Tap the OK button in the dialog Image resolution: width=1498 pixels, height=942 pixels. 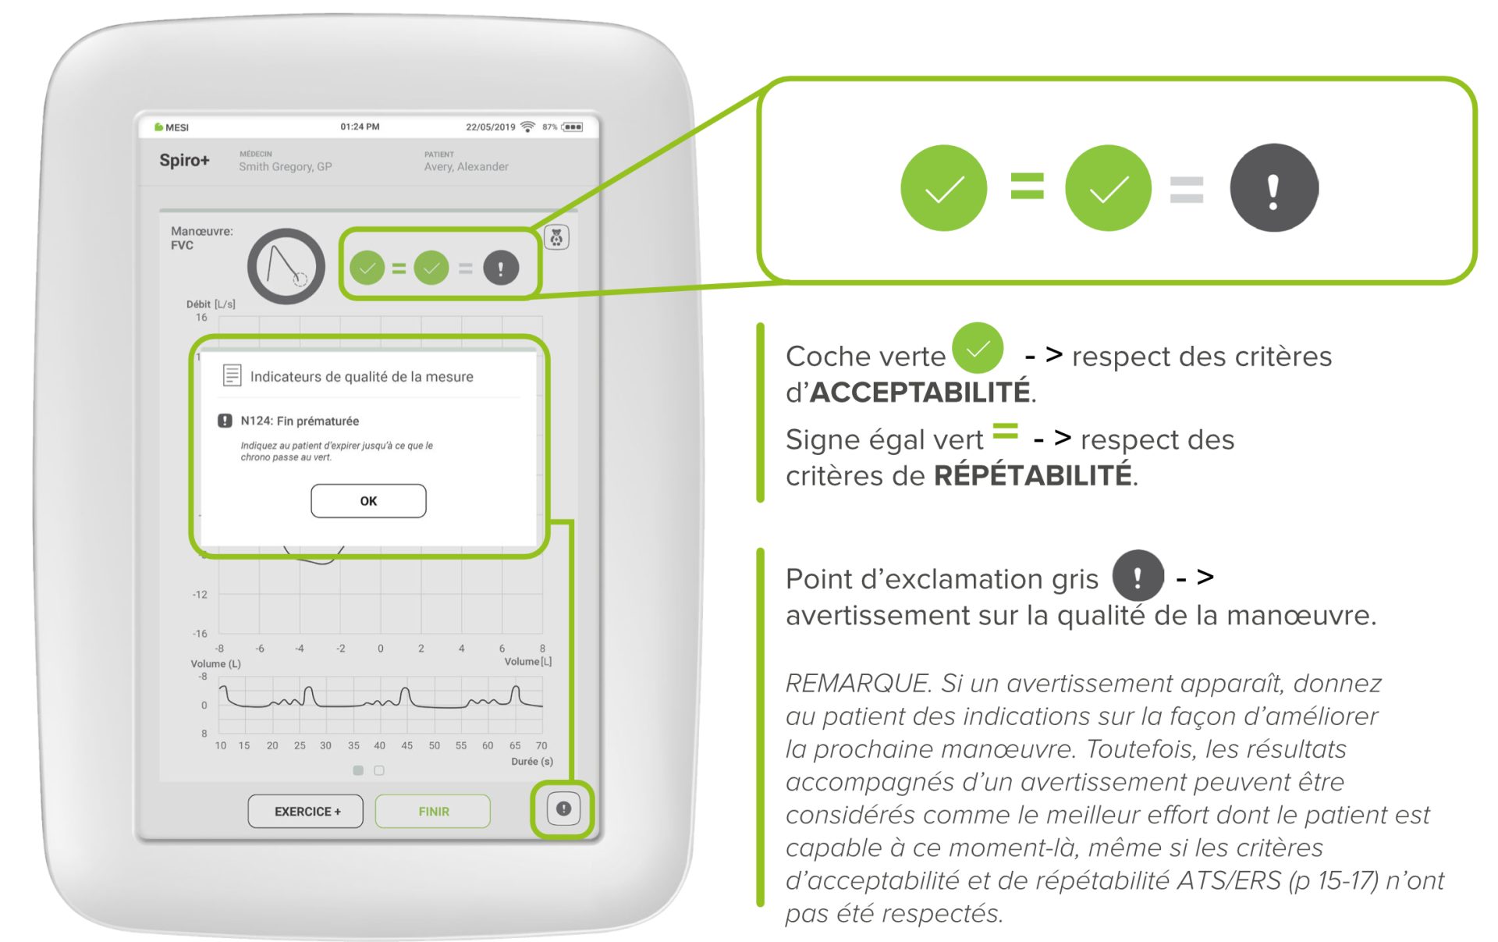(368, 501)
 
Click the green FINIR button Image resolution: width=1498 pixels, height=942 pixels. (433, 812)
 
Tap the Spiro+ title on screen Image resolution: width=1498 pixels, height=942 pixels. (184, 161)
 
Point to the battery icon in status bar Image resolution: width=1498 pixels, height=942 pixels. (573, 127)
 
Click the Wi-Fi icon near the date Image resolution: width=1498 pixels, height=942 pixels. (528, 127)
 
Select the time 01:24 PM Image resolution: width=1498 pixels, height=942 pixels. (360, 126)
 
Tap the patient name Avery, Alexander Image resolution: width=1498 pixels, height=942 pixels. (466, 167)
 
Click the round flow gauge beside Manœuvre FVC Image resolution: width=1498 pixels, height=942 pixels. (286, 267)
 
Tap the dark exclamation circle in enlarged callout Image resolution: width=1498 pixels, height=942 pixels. (1273, 188)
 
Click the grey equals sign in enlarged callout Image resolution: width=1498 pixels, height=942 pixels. (1187, 190)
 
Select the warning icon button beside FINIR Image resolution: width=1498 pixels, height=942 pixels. (563, 809)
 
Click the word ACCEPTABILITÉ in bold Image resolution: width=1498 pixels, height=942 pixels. (920, 393)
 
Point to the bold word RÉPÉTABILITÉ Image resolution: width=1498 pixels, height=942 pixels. (1032, 475)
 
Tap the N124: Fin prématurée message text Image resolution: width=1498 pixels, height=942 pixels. (300, 421)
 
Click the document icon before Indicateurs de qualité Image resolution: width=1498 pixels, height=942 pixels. (232, 375)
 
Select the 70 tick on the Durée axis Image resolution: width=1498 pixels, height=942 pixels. (541, 745)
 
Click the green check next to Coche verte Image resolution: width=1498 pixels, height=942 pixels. (978, 348)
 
